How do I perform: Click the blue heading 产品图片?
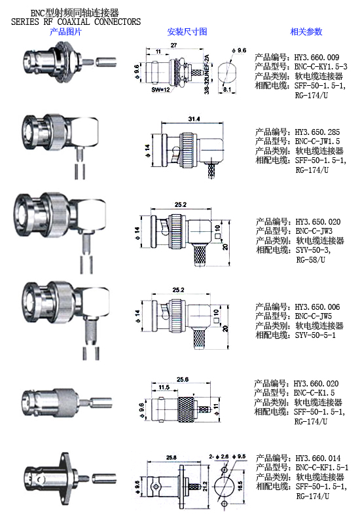pyautogui.click(x=65, y=31)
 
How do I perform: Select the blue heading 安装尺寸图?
pyautogui.click(x=187, y=31)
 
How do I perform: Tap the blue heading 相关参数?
pyautogui.click(x=306, y=31)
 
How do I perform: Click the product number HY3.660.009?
pyautogui.click(x=317, y=58)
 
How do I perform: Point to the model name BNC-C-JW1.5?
pyautogui.click(x=317, y=141)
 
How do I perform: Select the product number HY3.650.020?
pyautogui.click(x=318, y=222)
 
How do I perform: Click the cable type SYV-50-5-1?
pyautogui.click(x=315, y=335)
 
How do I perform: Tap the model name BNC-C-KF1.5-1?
pyautogui.click(x=322, y=468)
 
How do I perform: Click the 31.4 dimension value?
pyautogui.click(x=194, y=119)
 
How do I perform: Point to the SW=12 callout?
pyautogui.click(x=160, y=90)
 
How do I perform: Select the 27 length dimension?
pyautogui.click(x=173, y=45)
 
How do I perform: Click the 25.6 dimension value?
pyautogui.click(x=183, y=379)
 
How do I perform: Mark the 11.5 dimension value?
pyautogui.click(x=164, y=387)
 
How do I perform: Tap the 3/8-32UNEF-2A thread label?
pyautogui.click(x=207, y=74)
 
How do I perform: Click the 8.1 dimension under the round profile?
pyautogui.click(x=227, y=90)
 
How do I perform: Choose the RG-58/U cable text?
pyautogui.click(x=310, y=259)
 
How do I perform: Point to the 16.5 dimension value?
pyautogui.click(x=240, y=485)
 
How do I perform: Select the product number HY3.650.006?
pyautogui.click(x=317, y=307)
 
